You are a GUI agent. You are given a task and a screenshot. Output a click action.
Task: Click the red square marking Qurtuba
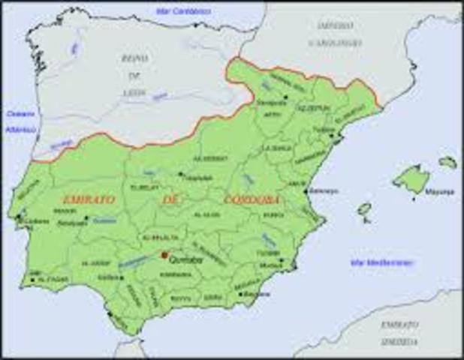point(164,255)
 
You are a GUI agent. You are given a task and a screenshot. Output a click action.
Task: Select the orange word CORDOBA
point(251,199)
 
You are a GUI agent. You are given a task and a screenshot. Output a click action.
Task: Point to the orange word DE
point(169,200)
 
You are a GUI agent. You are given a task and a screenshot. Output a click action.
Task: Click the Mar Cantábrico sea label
point(182,11)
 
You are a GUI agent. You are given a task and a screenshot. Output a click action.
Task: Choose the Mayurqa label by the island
point(439,192)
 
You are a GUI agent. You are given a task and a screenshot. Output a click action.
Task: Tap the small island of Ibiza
point(364,209)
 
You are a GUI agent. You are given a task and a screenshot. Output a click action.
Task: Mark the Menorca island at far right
point(447,161)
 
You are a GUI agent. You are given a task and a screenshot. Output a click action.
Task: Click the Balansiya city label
point(324,191)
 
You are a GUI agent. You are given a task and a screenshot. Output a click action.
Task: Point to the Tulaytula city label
point(198,178)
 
